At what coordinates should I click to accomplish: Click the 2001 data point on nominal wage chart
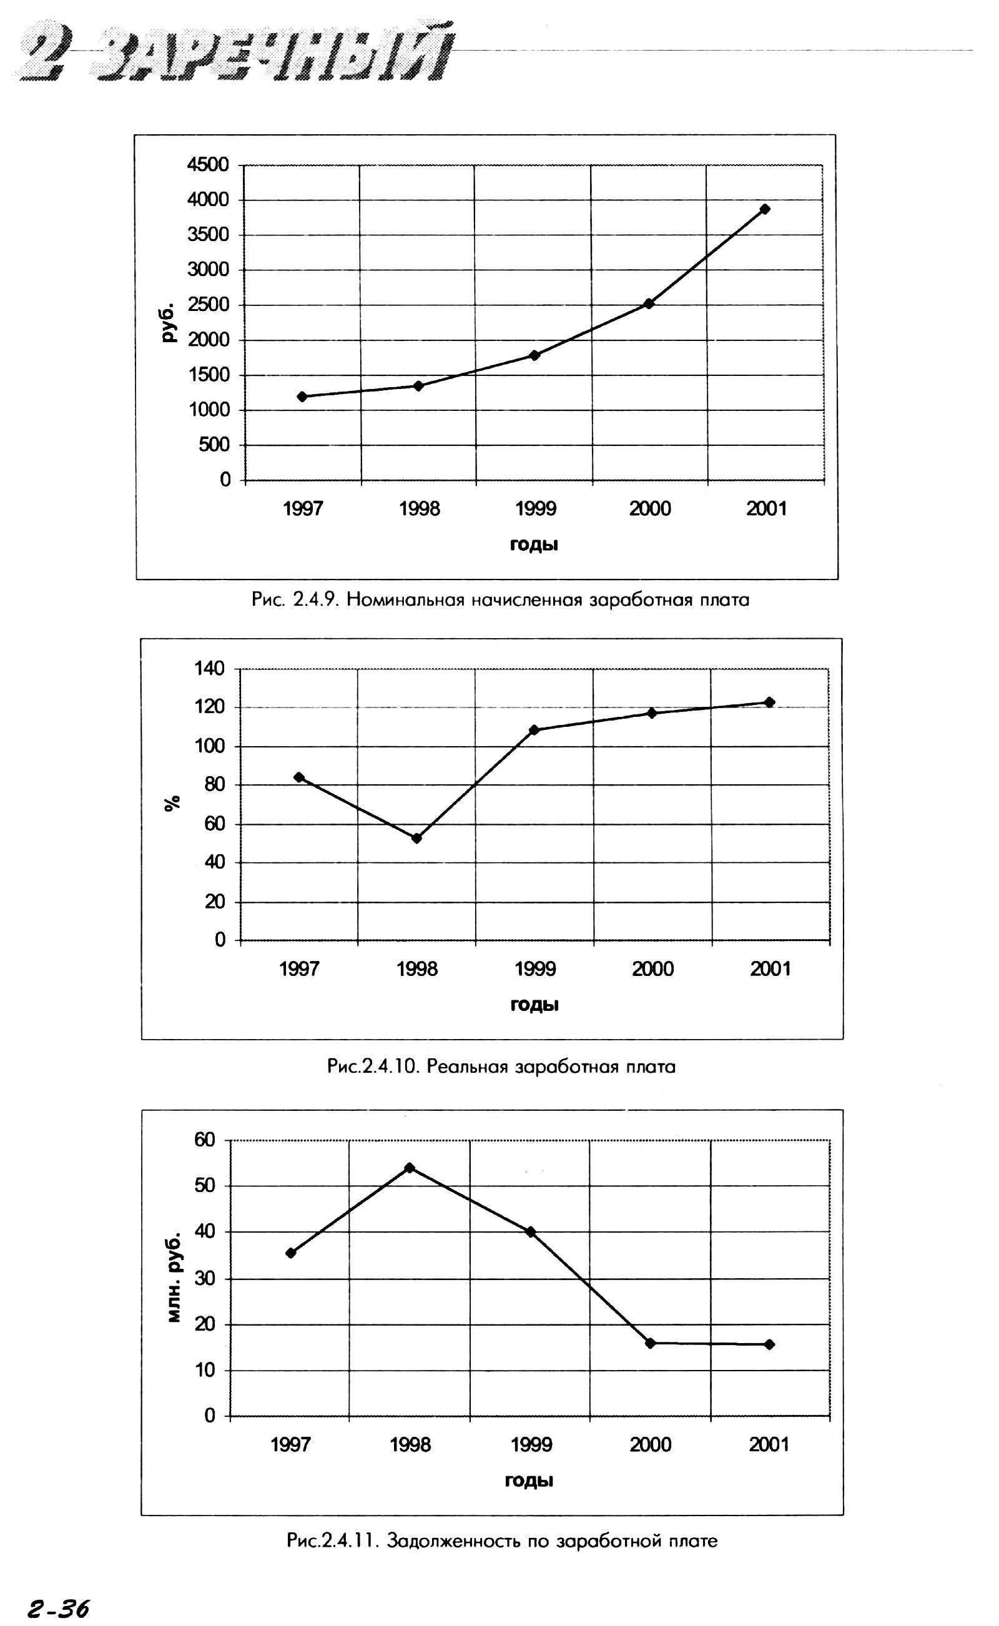[764, 209]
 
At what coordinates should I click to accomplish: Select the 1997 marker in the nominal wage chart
[302, 397]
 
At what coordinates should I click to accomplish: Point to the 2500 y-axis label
[208, 305]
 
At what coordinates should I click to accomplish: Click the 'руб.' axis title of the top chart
[169, 322]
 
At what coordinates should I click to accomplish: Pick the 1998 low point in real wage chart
[416, 838]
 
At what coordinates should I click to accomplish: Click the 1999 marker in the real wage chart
[534, 730]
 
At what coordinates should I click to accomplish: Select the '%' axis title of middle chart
[172, 804]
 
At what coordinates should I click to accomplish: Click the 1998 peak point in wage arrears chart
[410, 1168]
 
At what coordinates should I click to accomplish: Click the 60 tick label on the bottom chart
[204, 1139]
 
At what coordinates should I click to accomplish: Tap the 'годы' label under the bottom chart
[529, 1480]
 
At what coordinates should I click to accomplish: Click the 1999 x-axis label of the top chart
[535, 509]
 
